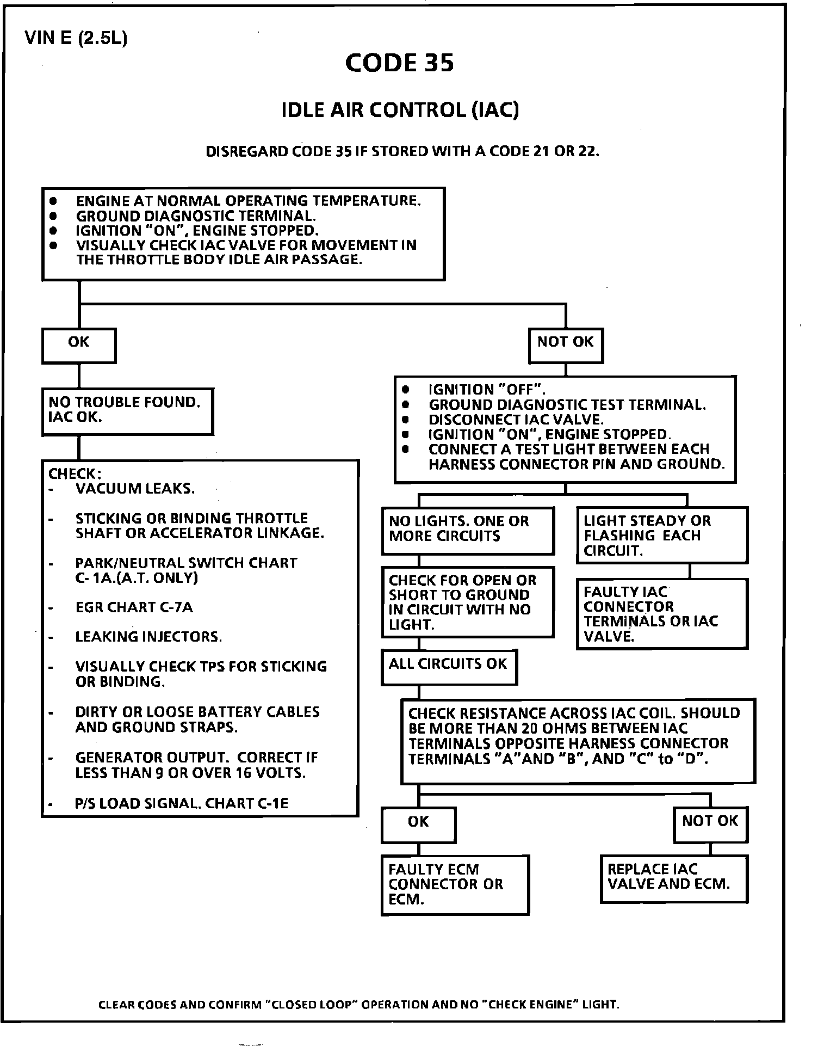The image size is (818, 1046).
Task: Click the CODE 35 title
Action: point(399,63)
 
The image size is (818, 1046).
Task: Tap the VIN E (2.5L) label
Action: point(76,39)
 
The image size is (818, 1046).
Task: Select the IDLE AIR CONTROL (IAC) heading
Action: point(400,110)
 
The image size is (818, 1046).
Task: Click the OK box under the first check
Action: point(79,345)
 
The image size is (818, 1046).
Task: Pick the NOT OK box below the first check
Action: point(566,345)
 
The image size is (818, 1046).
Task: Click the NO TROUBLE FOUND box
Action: point(127,411)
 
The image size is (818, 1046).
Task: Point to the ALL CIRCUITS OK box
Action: point(449,666)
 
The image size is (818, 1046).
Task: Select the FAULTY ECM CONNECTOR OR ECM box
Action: point(455,884)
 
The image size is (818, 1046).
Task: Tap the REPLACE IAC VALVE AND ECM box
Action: point(674,878)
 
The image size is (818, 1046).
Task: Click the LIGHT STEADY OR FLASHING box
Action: point(662,536)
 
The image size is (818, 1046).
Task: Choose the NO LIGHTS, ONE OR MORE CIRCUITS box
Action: point(468,530)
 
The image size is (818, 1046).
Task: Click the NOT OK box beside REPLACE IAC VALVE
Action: point(710,825)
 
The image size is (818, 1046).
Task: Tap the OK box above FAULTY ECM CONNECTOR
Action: point(418,825)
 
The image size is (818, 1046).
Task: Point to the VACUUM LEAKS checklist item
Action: point(135,489)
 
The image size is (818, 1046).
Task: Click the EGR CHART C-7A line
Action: point(134,607)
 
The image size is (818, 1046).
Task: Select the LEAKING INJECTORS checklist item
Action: point(148,637)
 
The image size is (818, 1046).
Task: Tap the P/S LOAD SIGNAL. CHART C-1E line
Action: point(182,803)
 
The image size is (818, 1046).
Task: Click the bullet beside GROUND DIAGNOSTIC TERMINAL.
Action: point(53,216)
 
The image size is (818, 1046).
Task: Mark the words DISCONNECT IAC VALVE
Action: point(516,420)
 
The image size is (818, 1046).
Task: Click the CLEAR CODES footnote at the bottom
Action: point(359,1004)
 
